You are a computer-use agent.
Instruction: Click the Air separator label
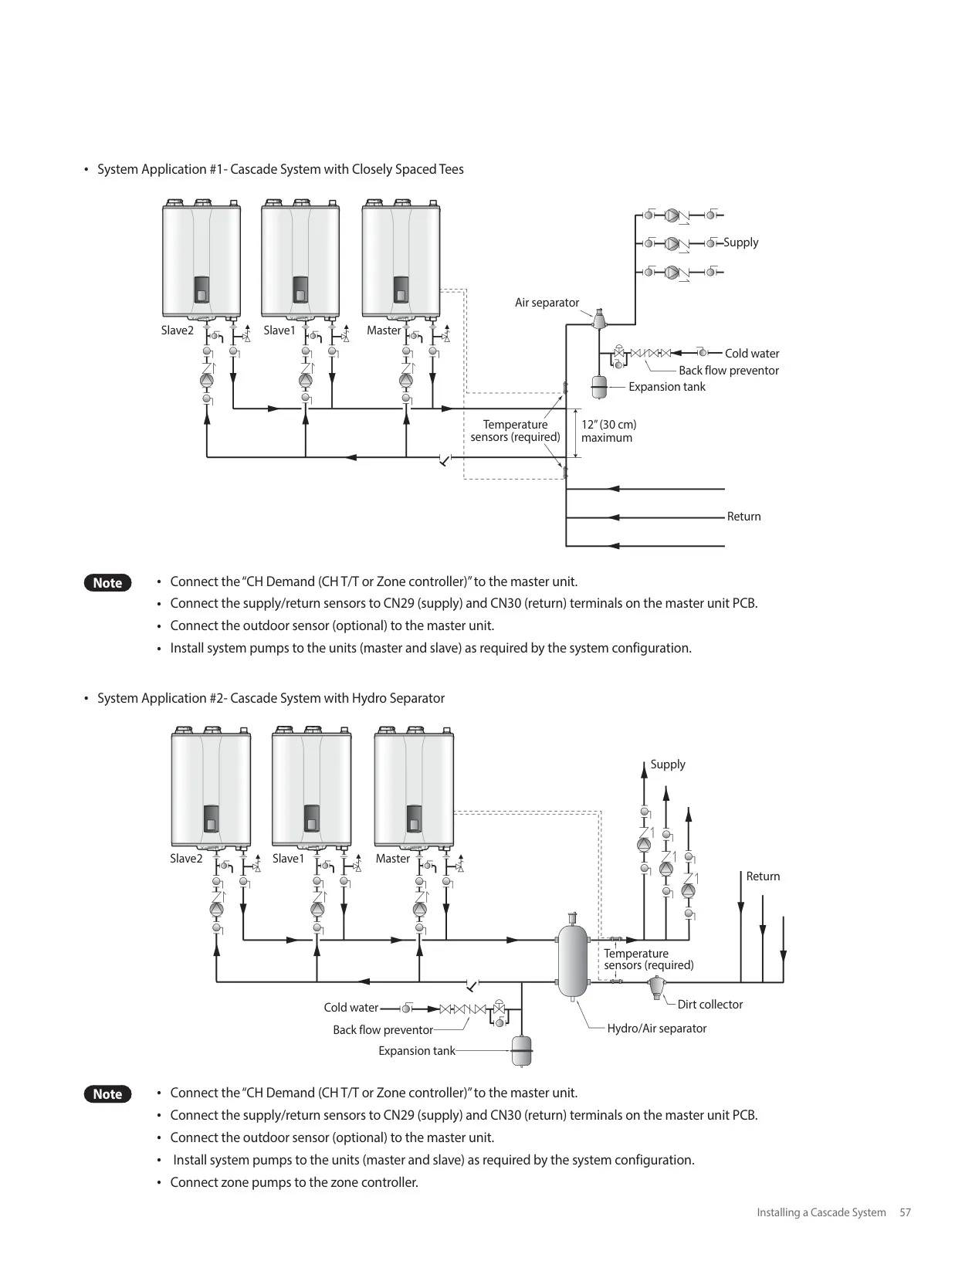tap(547, 303)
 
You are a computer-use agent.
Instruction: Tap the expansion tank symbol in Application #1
tap(599, 387)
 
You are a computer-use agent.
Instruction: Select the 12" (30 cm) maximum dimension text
tap(608, 431)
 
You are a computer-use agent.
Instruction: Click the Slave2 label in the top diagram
tap(177, 331)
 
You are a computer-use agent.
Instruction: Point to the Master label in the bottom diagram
tap(393, 858)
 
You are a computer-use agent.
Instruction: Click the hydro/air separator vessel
tap(573, 960)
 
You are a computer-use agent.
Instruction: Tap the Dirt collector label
tap(710, 1005)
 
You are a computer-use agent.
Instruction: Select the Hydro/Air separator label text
tap(656, 1029)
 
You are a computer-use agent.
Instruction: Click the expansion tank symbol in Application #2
tap(521, 1050)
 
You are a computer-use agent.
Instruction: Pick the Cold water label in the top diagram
tap(751, 354)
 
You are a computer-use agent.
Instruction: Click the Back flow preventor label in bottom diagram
tap(382, 1030)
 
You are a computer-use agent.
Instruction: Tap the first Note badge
tap(107, 583)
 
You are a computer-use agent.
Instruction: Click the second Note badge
tap(107, 1094)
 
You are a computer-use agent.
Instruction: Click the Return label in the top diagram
tap(743, 517)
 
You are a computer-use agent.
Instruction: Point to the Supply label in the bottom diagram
tap(668, 764)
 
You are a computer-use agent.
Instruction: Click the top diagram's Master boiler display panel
tap(401, 290)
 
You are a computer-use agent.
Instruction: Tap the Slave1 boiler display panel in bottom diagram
tap(312, 818)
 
